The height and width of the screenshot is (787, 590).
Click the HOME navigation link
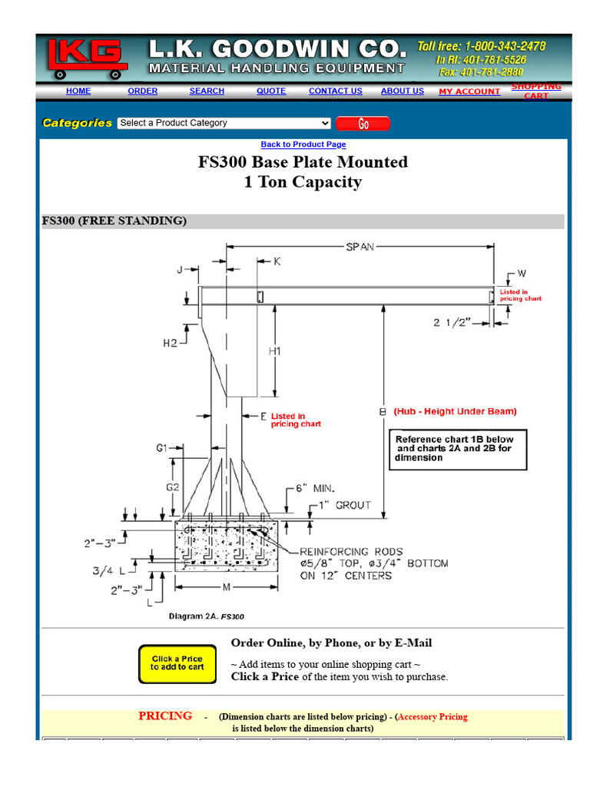pyautogui.click(x=78, y=91)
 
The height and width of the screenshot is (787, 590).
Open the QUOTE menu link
pyautogui.click(x=271, y=91)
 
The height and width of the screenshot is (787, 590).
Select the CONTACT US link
pyautogui.click(x=335, y=91)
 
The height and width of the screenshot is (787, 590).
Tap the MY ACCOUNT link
pyautogui.click(x=469, y=91)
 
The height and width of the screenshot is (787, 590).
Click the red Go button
pyautogui.click(x=363, y=124)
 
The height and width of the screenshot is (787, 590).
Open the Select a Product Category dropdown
pyautogui.click(x=224, y=123)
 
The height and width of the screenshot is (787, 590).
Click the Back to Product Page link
pyautogui.click(x=303, y=144)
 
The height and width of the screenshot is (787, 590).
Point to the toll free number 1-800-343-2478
pyautogui.click(x=482, y=46)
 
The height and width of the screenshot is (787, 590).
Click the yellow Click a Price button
pyautogui.click(x=177, y=663)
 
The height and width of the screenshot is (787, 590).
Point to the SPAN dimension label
pyautogui.click(x=360, y=247)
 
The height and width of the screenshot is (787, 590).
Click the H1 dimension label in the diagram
pyautogui.click(x=275, y=351)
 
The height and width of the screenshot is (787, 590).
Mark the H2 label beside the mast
pyautogui.click(x=170, y=344)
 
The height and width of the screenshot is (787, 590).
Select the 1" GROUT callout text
pyautogui.click(x=345, y=505)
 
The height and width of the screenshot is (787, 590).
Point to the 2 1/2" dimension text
pyautogui.click(x=453, y=323)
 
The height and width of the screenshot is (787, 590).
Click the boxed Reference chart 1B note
pyautogui.click(x=458, y=448)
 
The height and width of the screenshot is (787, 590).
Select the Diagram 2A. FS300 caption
pyautogui.click(x=206, y=616)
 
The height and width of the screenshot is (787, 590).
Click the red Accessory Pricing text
pyautogui.click(x=433, y=717)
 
